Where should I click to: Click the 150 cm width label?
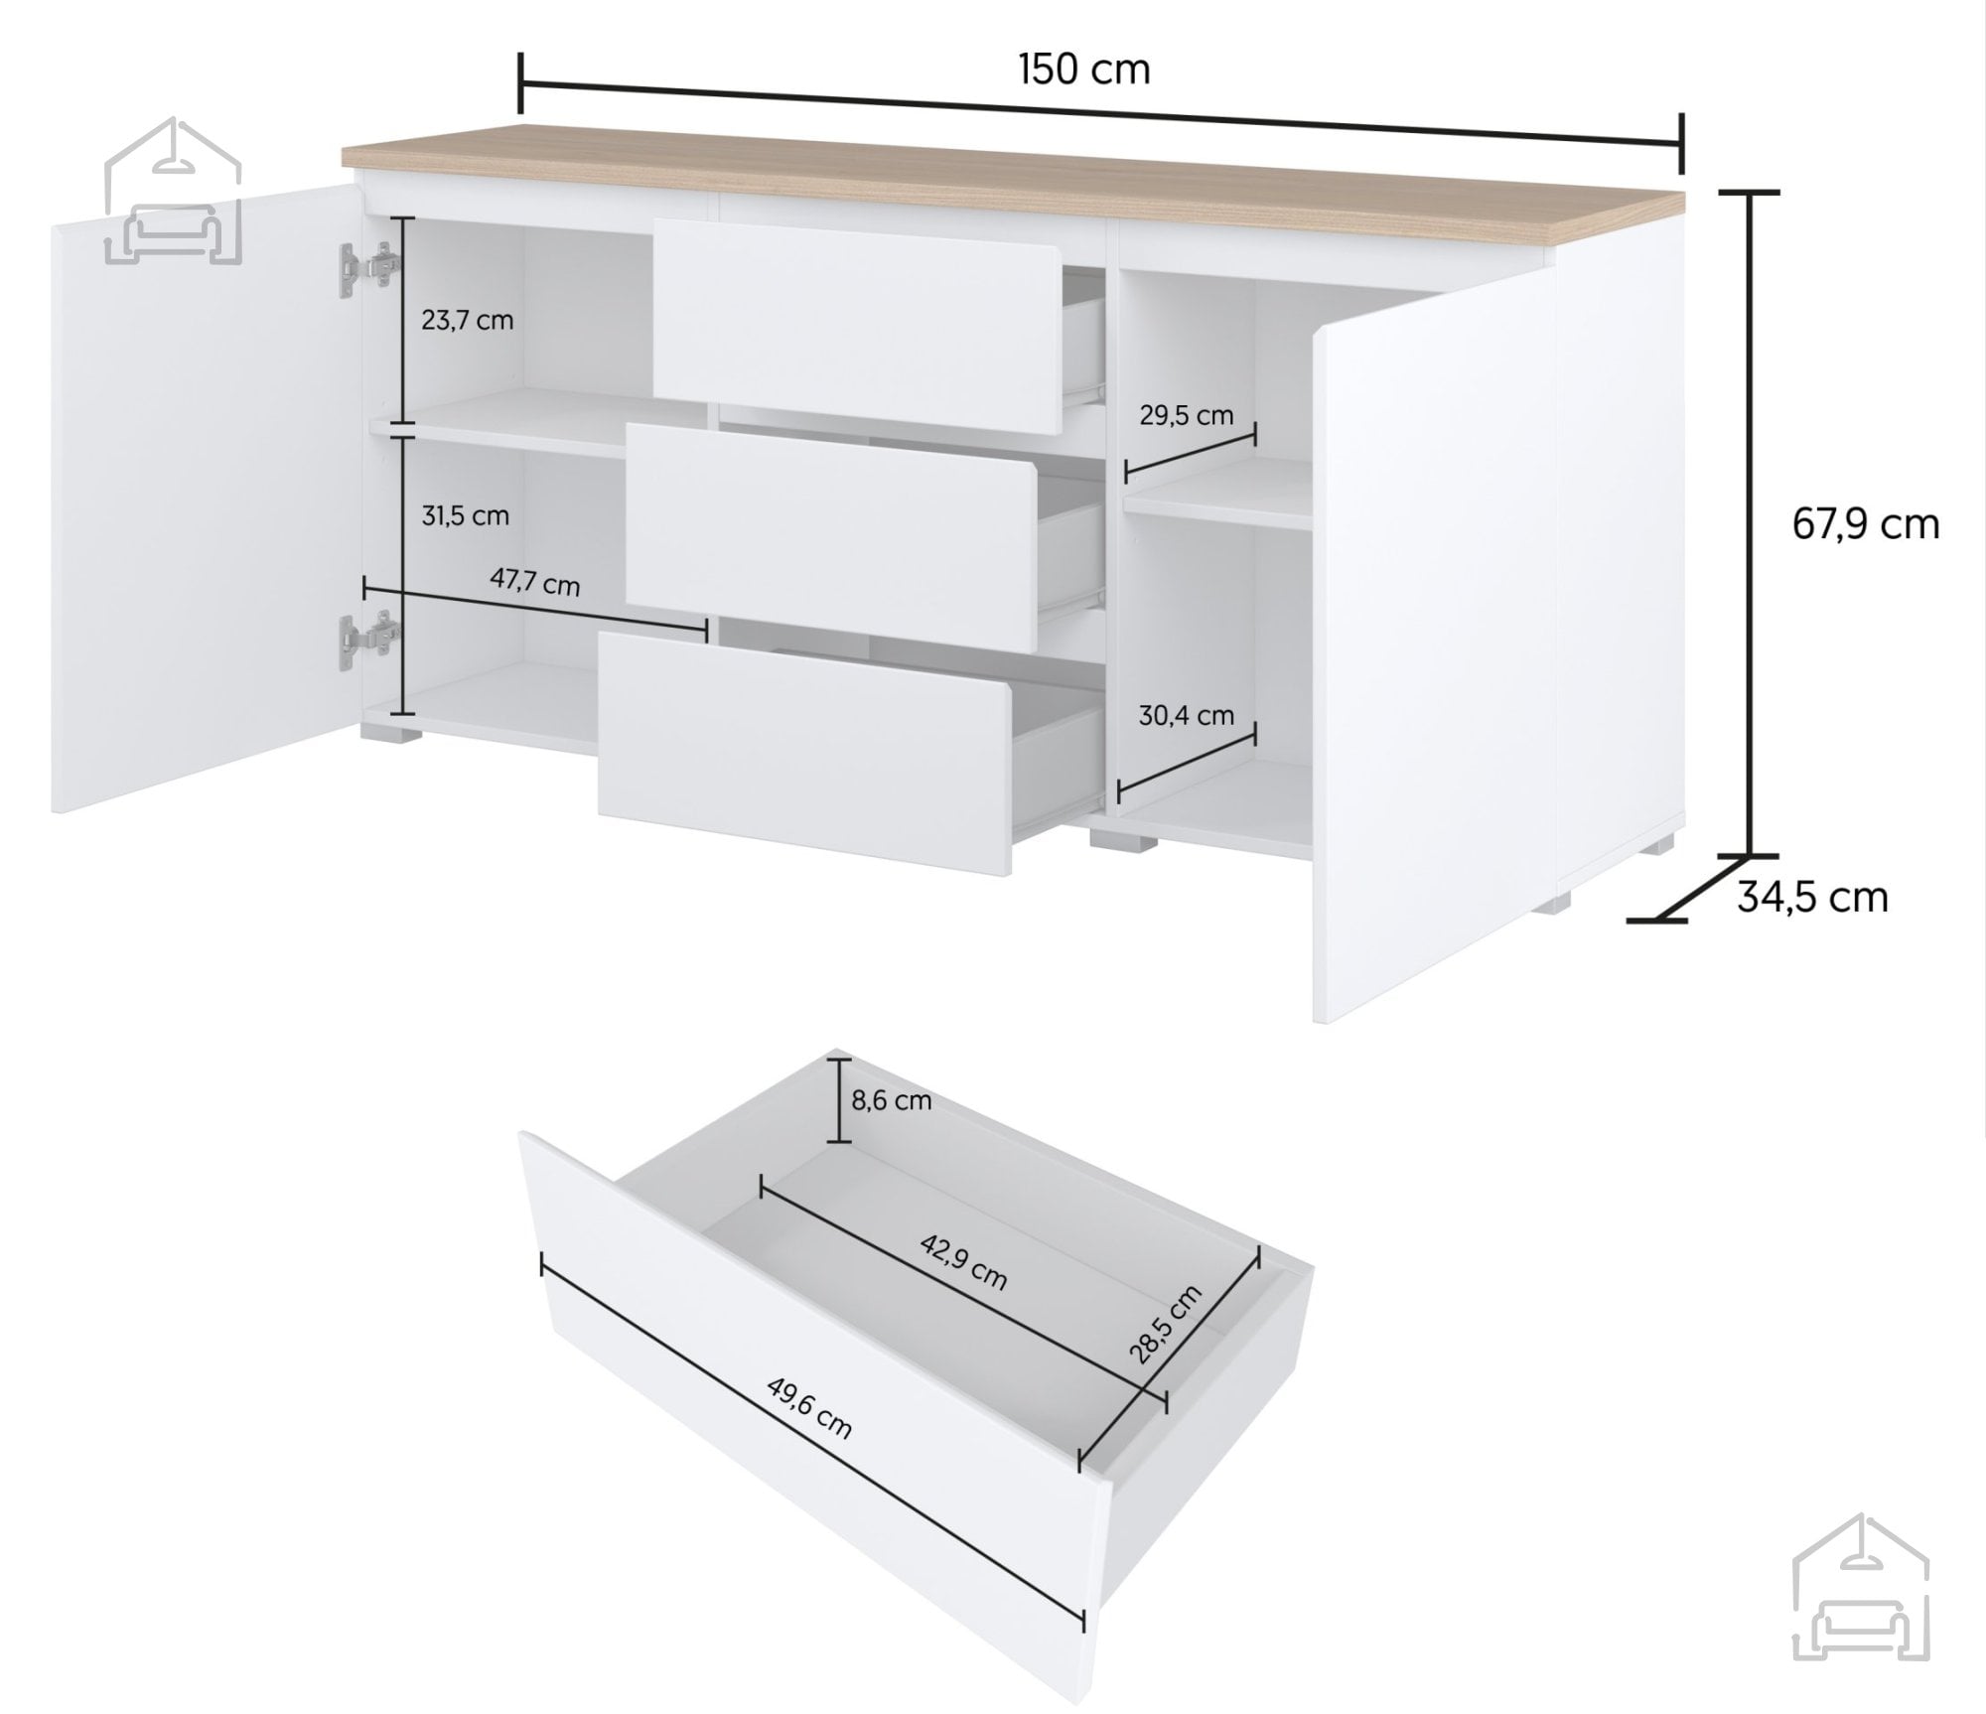pos(1083,70)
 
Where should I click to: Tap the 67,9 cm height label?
pos(1865,524)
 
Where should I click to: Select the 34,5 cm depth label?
pos(1812,897)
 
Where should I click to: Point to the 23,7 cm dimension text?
pos(467,321)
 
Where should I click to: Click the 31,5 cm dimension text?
pos(465,515)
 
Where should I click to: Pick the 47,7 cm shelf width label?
pos(534,582)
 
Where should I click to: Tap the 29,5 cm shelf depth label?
pos(1186,415)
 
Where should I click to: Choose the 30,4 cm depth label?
pos(1186,715)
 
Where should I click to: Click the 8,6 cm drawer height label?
pos(891,1100)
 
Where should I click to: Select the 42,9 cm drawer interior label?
pos(963,1262)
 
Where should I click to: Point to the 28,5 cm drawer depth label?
pos(1165,1324)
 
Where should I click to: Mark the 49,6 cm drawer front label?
pos(808,1407)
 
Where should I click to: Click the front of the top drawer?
pos(857,327)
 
